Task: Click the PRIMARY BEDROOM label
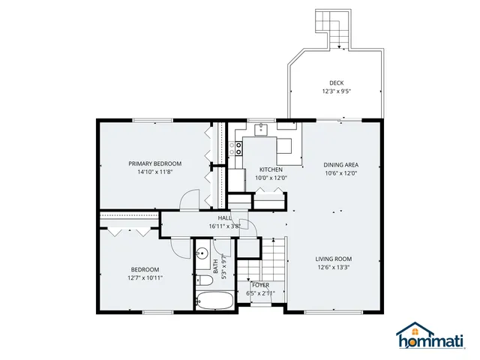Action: coord(154,163)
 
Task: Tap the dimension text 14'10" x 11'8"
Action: coord(154,172)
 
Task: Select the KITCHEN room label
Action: coord(271,169)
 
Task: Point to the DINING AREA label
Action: coord(340,165)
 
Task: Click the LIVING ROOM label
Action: coord(334,259)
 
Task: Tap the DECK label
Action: coord(337,83)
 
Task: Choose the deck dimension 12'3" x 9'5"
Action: coord(337,91)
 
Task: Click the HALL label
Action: coord(224,217)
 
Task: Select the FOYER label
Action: coord(260,285)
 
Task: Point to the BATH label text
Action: coord(215,265)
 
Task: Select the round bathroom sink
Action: coord(203,253)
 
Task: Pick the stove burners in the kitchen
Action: coord(239,148)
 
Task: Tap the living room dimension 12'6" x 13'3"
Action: coord(334,267)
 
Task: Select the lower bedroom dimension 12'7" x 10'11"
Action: coord(145,277)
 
